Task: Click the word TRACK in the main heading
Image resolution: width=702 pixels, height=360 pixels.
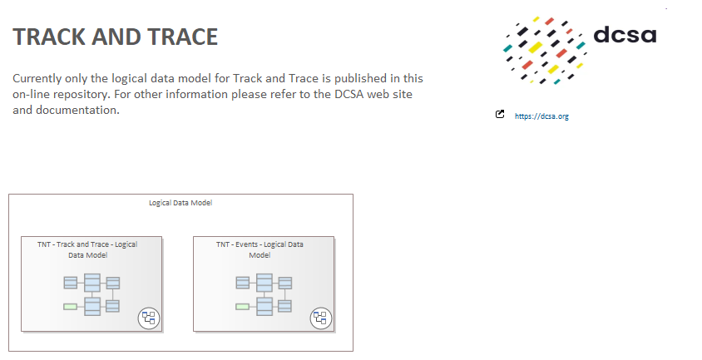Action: pyautogui.click(x=49, y=37)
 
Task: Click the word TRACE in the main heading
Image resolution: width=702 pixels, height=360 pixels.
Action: pyautogui.click(x=183, y=37)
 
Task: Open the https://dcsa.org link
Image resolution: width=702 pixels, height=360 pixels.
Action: pyautogui.click(x=541, y=116)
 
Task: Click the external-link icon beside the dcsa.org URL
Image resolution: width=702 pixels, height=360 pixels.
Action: pyautogui.click(x=500, y=114)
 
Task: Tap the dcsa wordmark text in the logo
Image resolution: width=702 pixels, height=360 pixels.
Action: pyautogui.click(x=625, y=34)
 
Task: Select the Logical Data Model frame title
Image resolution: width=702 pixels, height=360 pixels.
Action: pyautogui.click(x=180, y=203)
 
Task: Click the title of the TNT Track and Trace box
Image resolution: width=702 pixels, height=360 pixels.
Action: pyautogui.click(x=87, y=250)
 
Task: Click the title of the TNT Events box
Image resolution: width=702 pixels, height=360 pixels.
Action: pyautogui.click(x=260, y=250)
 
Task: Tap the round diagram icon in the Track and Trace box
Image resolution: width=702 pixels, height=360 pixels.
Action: pyautogui.click(x=149, y=318)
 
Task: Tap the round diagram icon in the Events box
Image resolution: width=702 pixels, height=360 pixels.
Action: pyautogui.click(x=321, y=318)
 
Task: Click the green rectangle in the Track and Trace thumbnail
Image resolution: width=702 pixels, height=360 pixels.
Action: pyautogui.click(x=71, y=307)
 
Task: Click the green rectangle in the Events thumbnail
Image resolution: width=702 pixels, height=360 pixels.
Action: pyautogui.click(x=243, y=307)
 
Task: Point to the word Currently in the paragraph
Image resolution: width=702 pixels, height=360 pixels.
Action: pyautogui.click(x=37, y=78)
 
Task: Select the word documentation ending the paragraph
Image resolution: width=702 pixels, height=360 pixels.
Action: pyautogui.click(x=77, y=110)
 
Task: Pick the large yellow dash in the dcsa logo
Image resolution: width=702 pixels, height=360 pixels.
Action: pyautogui.click(x=536, y=47)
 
